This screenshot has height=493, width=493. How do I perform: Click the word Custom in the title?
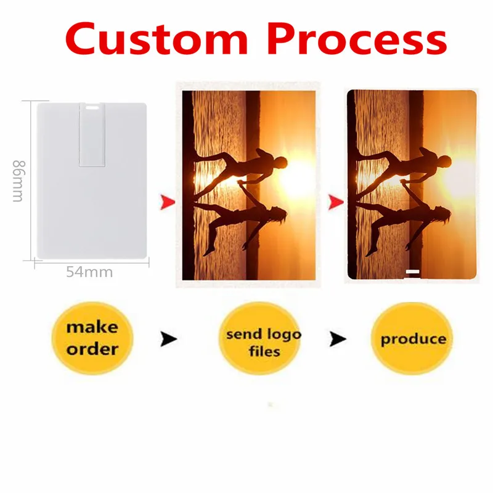pos(157,39)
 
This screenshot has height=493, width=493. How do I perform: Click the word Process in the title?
pos(357,39)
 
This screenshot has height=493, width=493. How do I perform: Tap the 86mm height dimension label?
pos(18,181)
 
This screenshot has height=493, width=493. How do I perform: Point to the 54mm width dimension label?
pos(89,272)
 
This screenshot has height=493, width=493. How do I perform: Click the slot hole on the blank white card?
pos(92,108)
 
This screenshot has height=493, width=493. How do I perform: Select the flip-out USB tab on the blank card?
pos(92,134)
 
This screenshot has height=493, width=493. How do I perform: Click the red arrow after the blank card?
pos(168,202)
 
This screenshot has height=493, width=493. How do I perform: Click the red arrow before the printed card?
pos(336,202)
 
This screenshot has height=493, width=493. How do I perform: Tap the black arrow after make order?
pos(168,338)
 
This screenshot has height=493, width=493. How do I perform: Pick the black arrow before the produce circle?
pos(338,338)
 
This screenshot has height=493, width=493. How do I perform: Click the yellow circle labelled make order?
pos(92,338)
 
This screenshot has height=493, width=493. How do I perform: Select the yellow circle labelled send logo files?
pos(259,338)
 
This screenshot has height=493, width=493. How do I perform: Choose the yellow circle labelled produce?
pos(412,338)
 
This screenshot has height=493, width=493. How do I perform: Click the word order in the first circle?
pos(92,349)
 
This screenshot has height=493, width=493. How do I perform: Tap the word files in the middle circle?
pos(264,351)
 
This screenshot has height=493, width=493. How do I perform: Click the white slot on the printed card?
pos(412,272)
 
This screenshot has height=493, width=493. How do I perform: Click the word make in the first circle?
pos(92,327)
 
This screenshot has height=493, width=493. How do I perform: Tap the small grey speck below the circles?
pos(271,405)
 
